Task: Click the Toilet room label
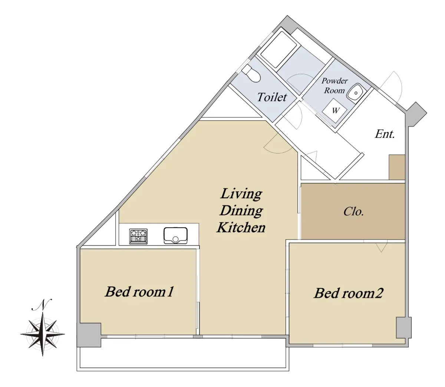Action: (272, 97)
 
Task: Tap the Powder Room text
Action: (334, 86)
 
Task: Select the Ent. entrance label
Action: (385, 134)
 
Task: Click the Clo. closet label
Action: (353, 211)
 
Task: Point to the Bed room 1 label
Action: (139, 291)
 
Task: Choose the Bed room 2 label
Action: (348, 293)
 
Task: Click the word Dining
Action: (241, 211)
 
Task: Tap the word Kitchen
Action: (241, 227)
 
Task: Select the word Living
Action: (241, 194)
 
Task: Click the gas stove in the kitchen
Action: (138, 236)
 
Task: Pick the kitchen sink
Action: (175, 235)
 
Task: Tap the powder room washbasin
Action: (356, 93)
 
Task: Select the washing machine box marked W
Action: (334, 110)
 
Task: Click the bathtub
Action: (278, 49)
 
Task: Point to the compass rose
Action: (43, 334)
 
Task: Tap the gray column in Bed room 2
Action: (404, 328)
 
